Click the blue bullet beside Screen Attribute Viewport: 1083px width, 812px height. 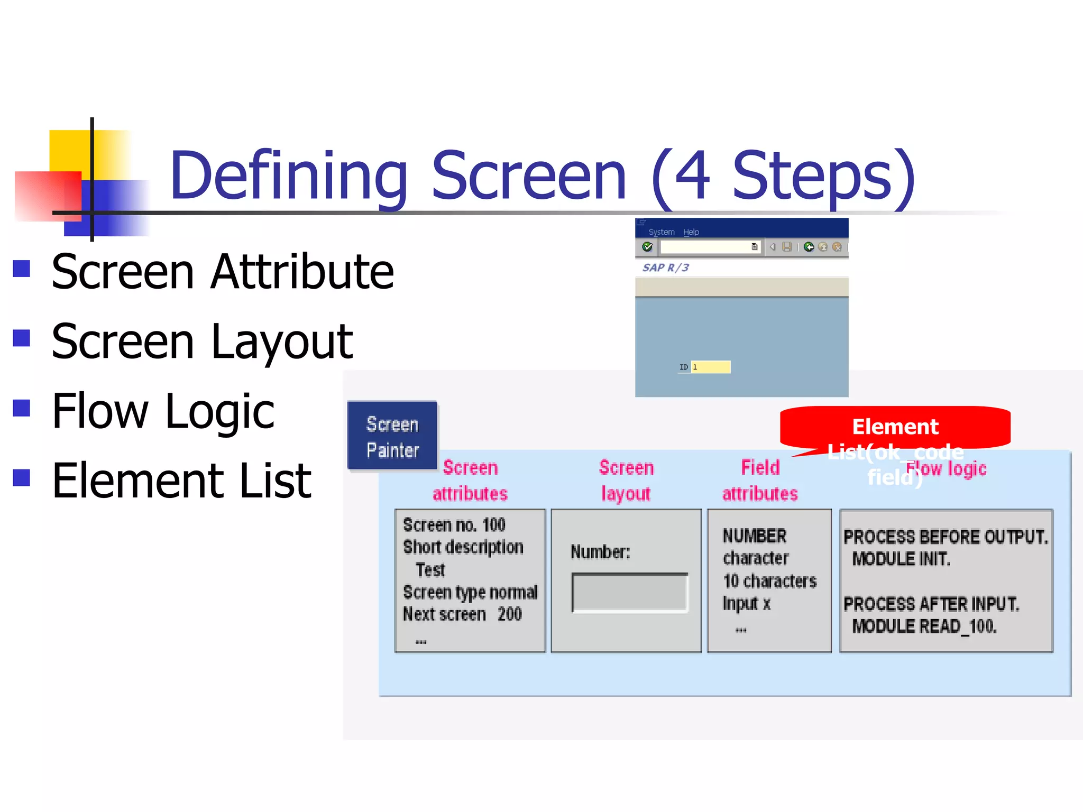(x=22, y=269)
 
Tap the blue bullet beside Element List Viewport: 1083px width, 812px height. (x=22, y=477)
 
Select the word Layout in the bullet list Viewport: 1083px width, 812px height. (x=281, y=342)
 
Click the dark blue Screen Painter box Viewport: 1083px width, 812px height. (x=392, y=436)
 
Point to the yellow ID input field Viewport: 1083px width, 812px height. (x=711, y=367)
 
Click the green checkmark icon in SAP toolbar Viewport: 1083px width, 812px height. (x=647, y=247)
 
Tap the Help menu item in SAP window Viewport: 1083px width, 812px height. (x=691, y=232)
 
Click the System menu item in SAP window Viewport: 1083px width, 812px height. (x=662, y=232)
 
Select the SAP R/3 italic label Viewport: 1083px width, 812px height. (x=665, y=267)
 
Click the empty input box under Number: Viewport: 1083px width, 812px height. (x=629, y=593)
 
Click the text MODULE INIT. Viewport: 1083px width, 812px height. (x=901, y=559)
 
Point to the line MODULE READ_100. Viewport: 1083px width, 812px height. (x=924, y=626)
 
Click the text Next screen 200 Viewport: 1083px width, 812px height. (x=462, y=614)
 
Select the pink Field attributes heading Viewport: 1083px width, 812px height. (x=760, y=480)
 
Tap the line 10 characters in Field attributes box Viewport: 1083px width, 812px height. (x=769, y=581)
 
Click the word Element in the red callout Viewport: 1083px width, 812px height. (x=895, y=427)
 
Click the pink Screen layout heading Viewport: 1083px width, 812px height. (x=626, y=480)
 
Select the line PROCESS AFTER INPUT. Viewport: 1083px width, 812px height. (x=931, y=604)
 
